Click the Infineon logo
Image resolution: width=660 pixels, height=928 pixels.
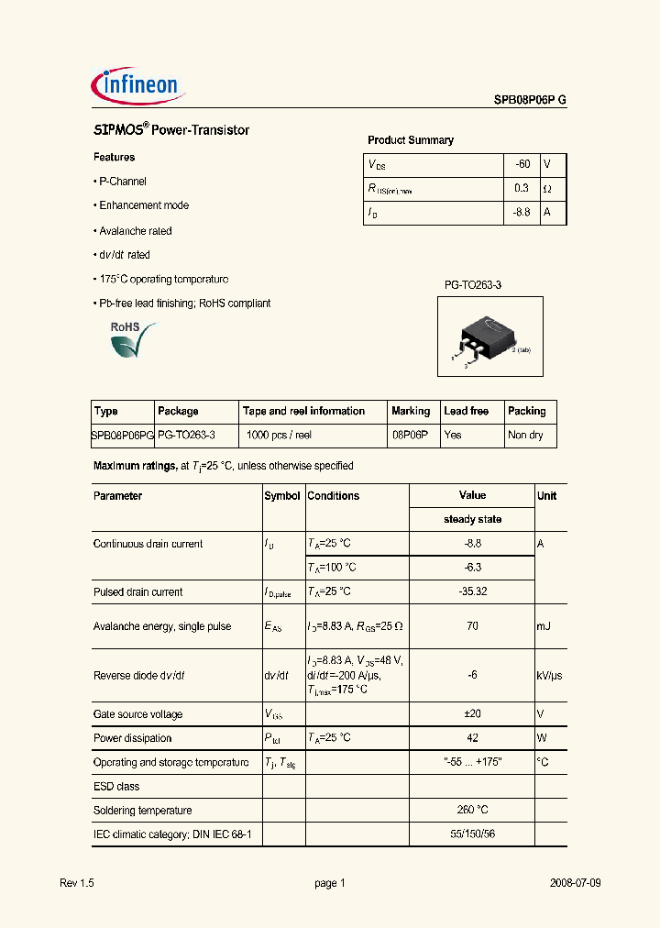[140, 85]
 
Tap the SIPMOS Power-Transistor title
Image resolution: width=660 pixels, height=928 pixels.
[171, 131]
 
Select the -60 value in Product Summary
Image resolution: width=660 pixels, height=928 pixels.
[522, 164]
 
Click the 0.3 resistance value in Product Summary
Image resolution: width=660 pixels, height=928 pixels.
[522, 188]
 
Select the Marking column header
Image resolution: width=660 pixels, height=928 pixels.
[411, 412]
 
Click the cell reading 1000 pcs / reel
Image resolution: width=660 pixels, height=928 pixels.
[279, 436]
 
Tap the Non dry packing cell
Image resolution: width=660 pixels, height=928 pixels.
[525, 436]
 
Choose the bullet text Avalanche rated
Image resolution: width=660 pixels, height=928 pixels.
[135, 231]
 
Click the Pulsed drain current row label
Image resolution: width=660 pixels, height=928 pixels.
[137, 592]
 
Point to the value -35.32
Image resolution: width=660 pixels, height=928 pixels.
[472, 592]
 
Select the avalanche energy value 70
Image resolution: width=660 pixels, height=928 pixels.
[472, 627]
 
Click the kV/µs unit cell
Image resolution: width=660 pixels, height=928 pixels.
[549, 676]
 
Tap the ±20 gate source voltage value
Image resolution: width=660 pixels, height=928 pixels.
[472, 714]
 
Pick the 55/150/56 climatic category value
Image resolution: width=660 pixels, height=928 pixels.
[472, 834]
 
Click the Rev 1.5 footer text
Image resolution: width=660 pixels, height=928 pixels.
[77, 883]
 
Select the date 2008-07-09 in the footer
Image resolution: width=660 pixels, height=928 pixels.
[576, 883]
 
